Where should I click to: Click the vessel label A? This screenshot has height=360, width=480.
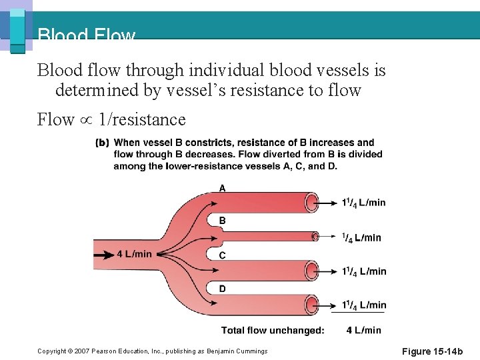click(223, 188)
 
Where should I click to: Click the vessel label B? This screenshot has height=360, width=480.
click(223, 221)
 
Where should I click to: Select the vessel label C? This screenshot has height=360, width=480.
click(223, 255)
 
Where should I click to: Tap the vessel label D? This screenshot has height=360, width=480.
click(223, 289)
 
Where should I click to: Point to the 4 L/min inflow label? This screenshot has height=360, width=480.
click(134, 254)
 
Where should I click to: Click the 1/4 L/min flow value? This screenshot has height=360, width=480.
click(361, 237)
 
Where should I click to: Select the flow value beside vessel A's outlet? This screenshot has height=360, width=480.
click(364, 203)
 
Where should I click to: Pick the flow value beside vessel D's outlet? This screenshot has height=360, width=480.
click(364, 305)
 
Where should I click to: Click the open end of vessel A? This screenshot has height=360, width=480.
click(312, 202)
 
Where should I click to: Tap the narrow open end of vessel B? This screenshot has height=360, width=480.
click(315, 236)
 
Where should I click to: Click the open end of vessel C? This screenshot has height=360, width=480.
click(312, 271)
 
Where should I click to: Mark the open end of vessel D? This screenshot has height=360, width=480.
click(312, 305)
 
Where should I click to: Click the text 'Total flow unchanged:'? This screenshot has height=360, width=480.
click(273, 330)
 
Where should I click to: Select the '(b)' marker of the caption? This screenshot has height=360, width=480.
click(103, 143)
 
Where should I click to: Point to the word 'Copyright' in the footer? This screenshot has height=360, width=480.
click(51, 351)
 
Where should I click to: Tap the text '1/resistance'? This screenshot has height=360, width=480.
click(141, 120)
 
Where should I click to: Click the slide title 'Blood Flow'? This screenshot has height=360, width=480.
click(86, 35)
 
